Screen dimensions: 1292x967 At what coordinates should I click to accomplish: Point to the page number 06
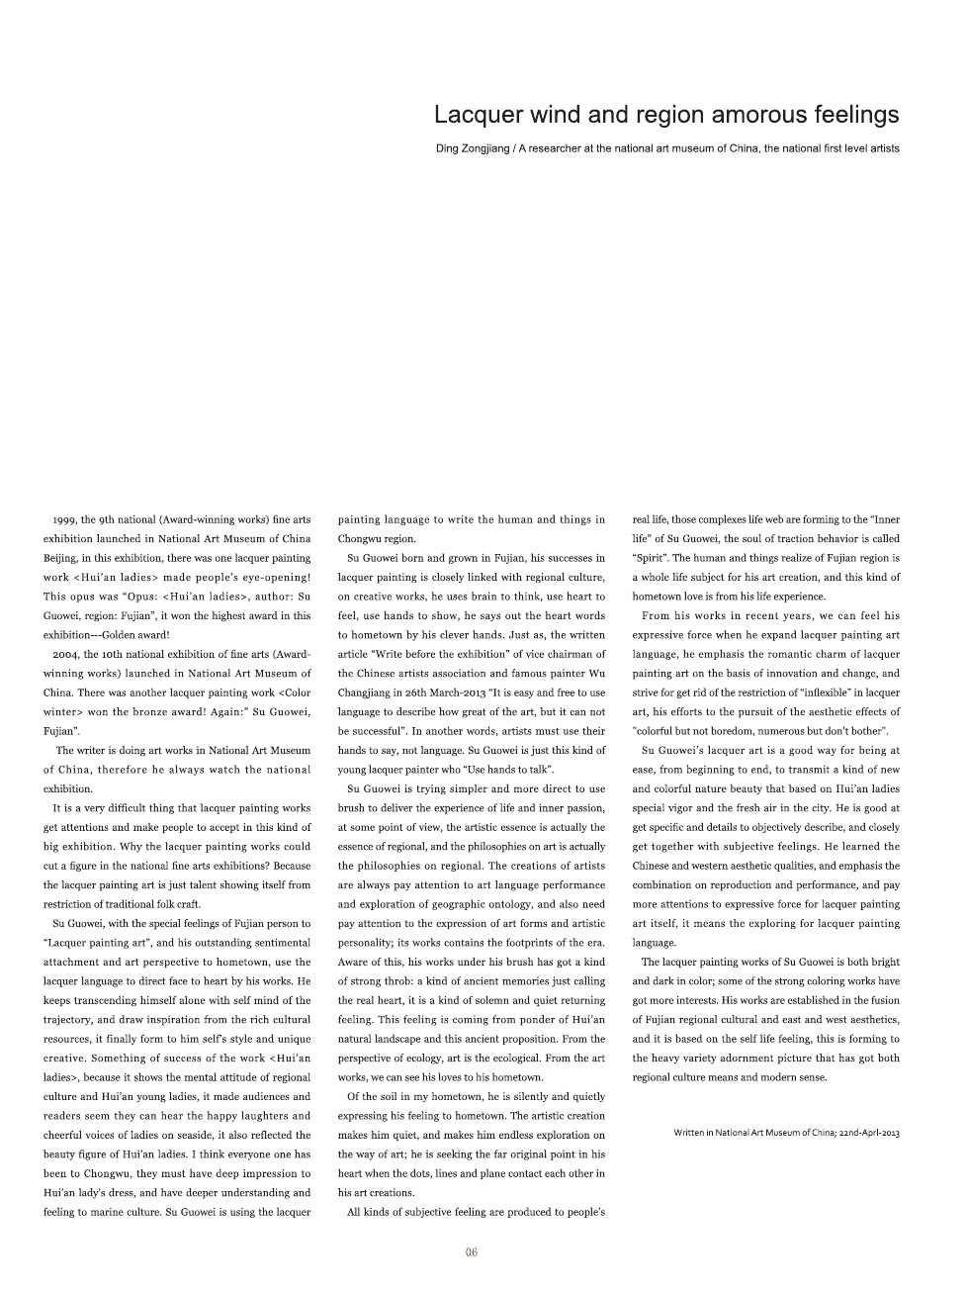point(472,1252)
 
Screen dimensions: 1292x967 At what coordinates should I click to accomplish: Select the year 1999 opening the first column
point(64,519)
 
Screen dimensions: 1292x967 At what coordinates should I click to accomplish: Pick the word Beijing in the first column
point(60,558)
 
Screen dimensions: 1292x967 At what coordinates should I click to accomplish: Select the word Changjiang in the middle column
point(368,692)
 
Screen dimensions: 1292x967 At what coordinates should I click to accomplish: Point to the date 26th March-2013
point(450,692)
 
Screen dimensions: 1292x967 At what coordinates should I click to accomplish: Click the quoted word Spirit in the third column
point(650,558)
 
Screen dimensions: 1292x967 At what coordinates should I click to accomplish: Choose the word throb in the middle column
point(390,981)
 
